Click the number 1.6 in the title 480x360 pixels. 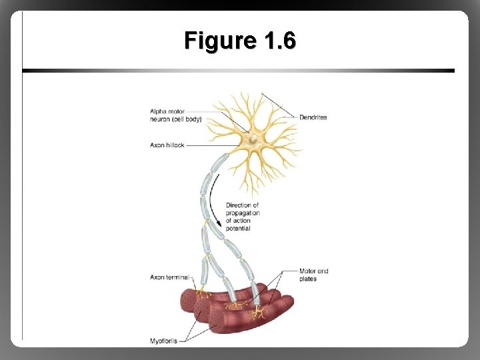(279, 41)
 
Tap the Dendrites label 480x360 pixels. (314, 117)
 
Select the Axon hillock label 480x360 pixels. (167, 145)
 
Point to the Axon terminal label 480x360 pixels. (169, 277)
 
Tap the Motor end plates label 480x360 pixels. (313, 275)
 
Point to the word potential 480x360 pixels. (238, 229)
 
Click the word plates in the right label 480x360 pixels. (308, 279)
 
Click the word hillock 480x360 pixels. (175, 145)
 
